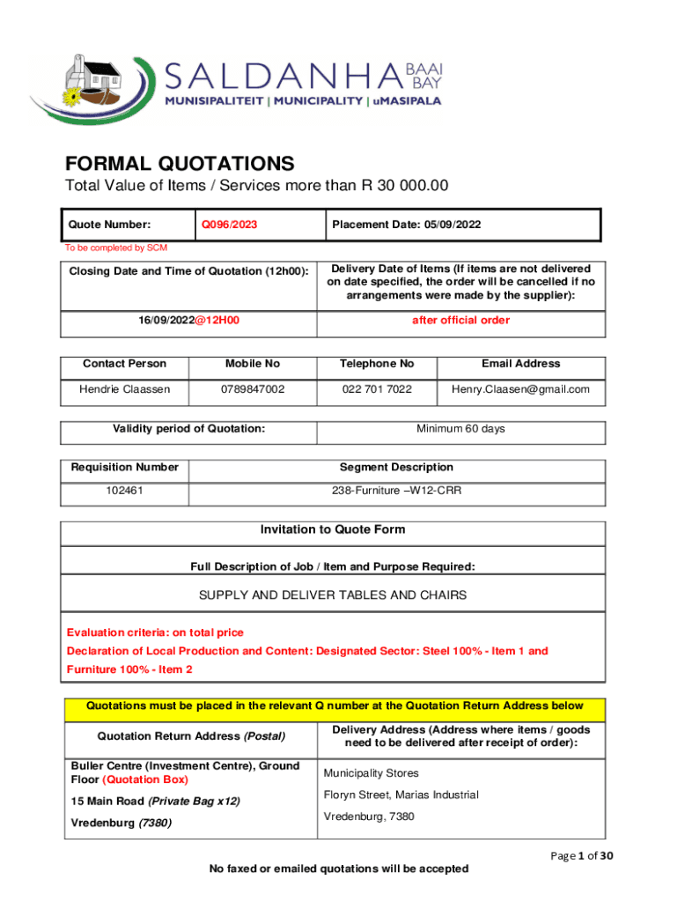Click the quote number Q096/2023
tap(230, 225)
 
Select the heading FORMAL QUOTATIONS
tap(179, 164)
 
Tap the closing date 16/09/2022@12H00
tap(189, 321)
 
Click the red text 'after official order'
tap(461, 321)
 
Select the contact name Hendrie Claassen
tap(124, 389)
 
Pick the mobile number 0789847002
tap(253, 389)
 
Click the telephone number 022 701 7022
tap(378, 389)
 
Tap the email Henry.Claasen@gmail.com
tap(520, 389)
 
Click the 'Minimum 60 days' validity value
tap(461, 429)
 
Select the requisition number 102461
tap(124, 491)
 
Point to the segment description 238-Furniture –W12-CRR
tap(396, 491)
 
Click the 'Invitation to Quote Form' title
tap(333, 530)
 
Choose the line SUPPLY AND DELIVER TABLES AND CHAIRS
tap(333, 595)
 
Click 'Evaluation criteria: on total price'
tap(155, 632)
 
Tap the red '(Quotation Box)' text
tap(144, 780)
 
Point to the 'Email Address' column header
tap(520, 364)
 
